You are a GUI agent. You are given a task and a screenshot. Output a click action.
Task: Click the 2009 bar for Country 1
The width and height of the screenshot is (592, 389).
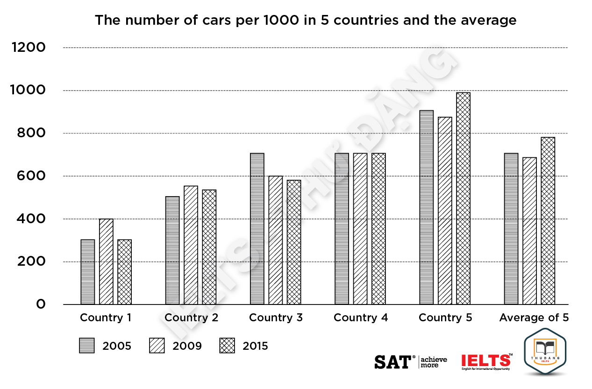(106, 262)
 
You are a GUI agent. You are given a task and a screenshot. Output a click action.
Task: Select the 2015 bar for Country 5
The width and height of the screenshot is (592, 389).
(464, 198)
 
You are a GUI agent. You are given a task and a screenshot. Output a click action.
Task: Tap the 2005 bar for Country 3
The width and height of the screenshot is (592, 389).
(257, 229)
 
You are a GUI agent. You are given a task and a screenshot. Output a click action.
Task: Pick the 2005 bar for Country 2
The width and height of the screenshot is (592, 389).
(172, 250)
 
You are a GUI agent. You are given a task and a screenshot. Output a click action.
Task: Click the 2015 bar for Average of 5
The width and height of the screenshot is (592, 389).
(548, 221)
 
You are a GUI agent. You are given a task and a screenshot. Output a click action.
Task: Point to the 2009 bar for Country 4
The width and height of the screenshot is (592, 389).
(360, 229)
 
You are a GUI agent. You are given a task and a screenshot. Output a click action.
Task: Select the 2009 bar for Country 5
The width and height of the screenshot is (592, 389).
(445, 211)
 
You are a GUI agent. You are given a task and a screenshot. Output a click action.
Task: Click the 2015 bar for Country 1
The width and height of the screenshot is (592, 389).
(124, 272)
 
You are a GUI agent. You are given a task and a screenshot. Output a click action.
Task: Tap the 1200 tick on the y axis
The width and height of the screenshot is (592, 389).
(29, 48)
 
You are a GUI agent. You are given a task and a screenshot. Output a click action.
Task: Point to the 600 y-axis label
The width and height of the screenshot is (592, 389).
(31, 176)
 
